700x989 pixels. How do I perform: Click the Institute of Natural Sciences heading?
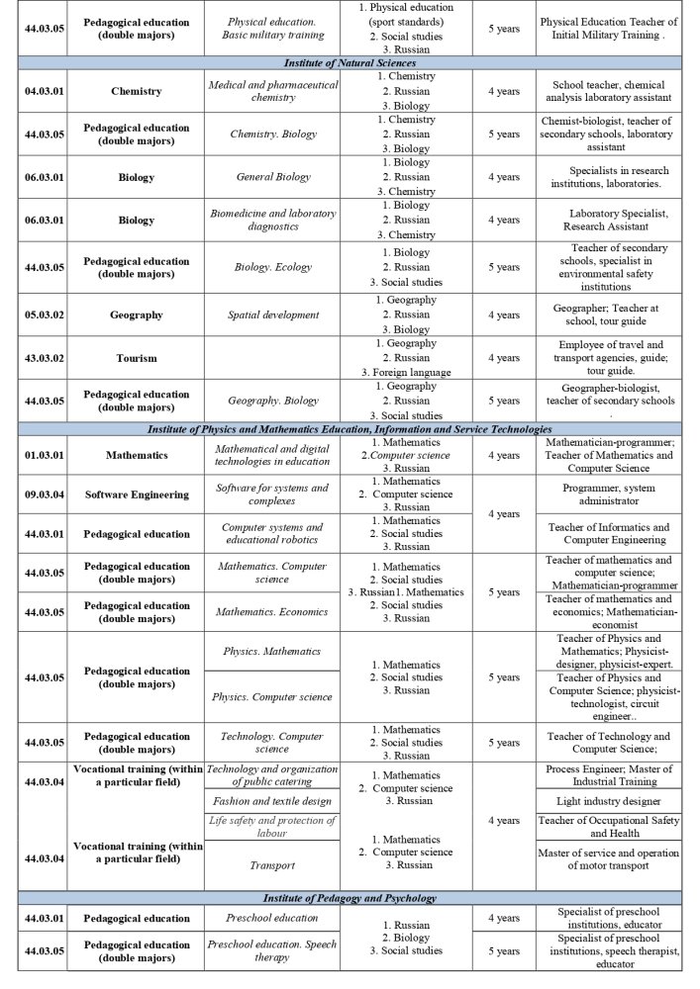[x=350, y=63]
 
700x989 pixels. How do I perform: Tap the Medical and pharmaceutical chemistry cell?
[x=273, y=91]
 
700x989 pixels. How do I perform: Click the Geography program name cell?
[x=136, y=315]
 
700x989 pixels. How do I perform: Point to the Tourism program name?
[x=136, y=358]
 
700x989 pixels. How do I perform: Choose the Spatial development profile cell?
[x=273, y=315]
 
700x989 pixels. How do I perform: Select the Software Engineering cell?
[x=136, y=494]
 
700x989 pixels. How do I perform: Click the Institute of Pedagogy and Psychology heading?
[x=350, y=898]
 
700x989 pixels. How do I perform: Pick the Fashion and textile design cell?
[x=273, y=800]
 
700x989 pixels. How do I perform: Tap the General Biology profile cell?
[x=273, y=177]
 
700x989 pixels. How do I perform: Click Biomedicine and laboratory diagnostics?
[x=273, y=220]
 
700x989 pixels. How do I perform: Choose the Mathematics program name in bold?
[x=136, y=456]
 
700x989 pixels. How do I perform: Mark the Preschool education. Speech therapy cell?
[x=273, y=950]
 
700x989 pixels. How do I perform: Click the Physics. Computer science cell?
[x=273, y=697]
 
